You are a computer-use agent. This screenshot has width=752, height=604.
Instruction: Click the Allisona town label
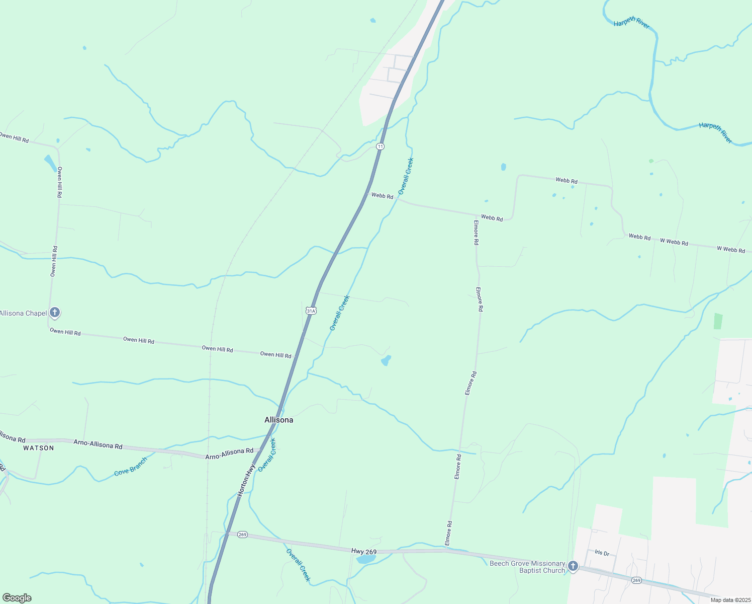coord(278,420)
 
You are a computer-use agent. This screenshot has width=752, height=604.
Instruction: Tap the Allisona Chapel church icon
coord(55,313)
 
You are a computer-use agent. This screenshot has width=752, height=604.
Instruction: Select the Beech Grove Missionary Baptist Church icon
coord(573,567)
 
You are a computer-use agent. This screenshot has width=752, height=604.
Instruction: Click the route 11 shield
coord(380,146)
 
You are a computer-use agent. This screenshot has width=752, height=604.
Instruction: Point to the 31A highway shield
coord(311,311)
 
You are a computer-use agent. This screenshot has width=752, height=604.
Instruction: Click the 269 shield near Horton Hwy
coord(242,535)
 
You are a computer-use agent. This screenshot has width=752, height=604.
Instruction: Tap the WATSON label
coord(38,448)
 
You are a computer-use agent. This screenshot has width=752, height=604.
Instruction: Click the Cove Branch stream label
coord(131,467)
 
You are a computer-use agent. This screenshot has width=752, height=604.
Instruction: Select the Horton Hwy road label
coord(247,480)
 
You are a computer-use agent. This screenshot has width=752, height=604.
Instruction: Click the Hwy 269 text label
coord(364,552)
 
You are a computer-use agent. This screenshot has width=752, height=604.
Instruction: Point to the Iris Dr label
coord(602,553)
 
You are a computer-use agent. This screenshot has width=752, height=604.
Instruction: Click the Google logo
coord(17,598)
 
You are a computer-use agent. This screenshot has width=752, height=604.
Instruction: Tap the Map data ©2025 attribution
coord(730,600)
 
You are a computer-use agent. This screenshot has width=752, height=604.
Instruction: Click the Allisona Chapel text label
coord(23,313)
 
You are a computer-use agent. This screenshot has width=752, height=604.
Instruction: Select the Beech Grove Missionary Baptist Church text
coord(527,567)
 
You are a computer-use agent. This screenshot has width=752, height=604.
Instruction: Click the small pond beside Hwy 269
coord(366,559)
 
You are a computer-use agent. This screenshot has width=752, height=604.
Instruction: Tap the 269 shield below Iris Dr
coord(636,580)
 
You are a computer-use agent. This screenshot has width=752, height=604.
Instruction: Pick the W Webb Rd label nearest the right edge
coord(730,249)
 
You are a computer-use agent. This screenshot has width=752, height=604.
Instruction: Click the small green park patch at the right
coord(718,321)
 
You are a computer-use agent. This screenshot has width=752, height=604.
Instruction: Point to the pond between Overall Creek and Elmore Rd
coord(386,360)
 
